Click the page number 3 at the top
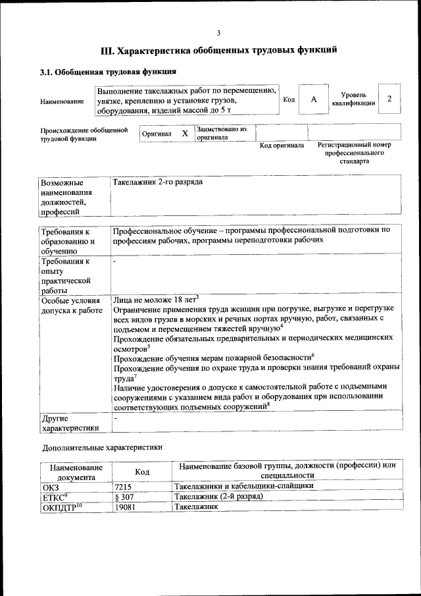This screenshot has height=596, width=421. pyautogui.click(x=218, y=33)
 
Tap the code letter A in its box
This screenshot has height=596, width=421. pyautogui.click(x=314, y=99)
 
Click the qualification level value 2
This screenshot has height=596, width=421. pyautogui.click(x=389, y=99)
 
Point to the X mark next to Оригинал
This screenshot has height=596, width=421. pyautogui.click(x=185, y=134)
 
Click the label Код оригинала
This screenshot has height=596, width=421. pyautogui.click(x=282, y=145)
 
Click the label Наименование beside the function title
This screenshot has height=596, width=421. pyautogui.click(x=62, y=101)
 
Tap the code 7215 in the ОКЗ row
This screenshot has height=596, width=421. pyautogui.click(x=123, y=486)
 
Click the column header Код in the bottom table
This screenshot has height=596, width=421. pyautogui.click(x=142, y=472)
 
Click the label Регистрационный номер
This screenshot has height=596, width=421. pyautogui.click(x=354, y=145)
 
